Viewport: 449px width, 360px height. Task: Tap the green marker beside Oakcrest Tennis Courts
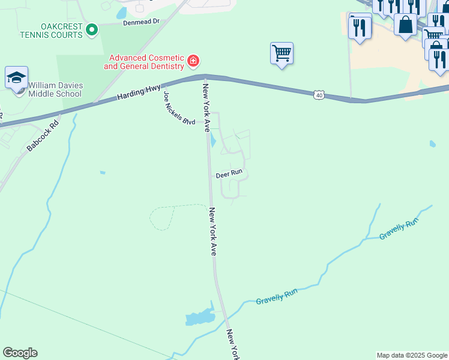tap(92, 29)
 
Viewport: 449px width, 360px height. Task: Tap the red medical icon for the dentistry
tap(193, 60)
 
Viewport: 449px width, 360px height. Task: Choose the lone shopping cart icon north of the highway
tap(282, 53)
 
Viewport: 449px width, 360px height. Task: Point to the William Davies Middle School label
tap(55, 89)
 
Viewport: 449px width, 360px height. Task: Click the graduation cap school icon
tap(17, 78)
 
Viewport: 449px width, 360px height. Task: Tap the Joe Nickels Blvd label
tap(179, 107)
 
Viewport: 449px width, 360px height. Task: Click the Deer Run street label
tap(229, 173)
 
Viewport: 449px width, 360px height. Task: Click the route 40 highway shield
tap(319, 95)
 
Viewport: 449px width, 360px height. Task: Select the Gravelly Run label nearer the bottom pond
tap(277, 296)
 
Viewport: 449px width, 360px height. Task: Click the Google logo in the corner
tap(20, 353)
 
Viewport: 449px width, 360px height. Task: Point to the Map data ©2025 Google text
tap(411, 355)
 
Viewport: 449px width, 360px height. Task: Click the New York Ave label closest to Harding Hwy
tap(206, 107)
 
